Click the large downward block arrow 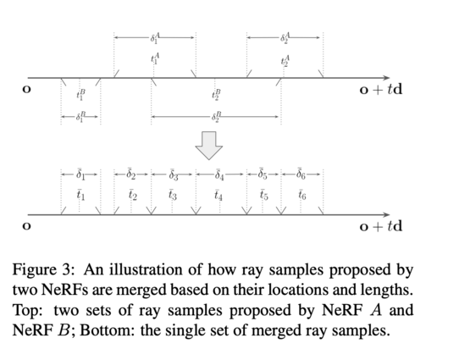pyautogui.click(x=208, y=146)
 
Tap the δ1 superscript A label pyautogui.click(x=155, y=38)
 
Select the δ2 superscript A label pyautogui.click(x=285, y=38)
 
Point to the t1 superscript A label pyautogui.click(x=155, y=58)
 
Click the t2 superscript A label pyautogui.click(x=285, y=62)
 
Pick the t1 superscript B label pyautogui.click(x=80, y=95)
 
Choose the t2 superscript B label pyautogui.click(x=216, y=95)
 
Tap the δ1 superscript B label pyautogui.click(x=80, y=117)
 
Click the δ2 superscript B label pyautogui.click(x=216, y=117)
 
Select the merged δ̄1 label pyautogui.click(x=80, y=174)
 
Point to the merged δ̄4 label pyautogui.click(x=219, y=174)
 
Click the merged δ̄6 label pyautogui.click(x=301, y=174)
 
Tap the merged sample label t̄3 pyautogui.click(x=173, y=195)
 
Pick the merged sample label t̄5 pyautogui.click(x=263, y=195)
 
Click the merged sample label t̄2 pyautogui.click(x=133, y=195)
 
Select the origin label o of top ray pyautogui.click(x=26, y=89)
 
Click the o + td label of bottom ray pyautogui.click(x=381, y=226)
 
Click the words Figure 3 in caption pyautogui.click(x=41, y=269)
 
